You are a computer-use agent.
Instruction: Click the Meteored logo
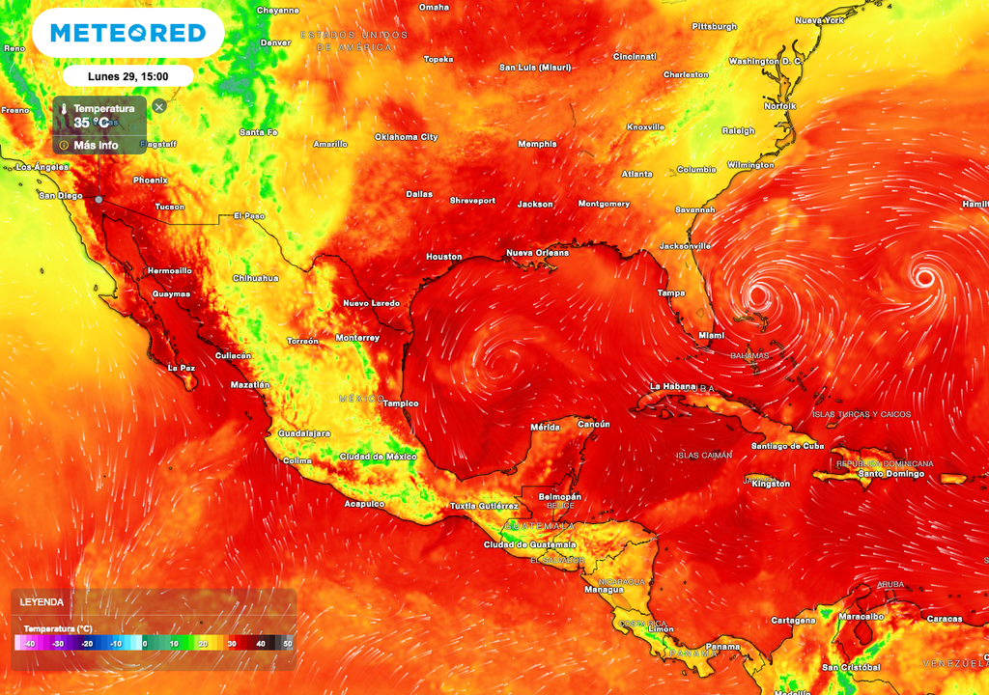tap(128, 33)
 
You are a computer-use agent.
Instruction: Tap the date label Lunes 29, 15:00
tap(127, 75)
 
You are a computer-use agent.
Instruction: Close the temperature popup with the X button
tap(159, 106)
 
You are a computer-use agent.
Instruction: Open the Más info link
tap(96, 145)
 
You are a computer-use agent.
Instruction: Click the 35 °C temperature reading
tap(92, 123)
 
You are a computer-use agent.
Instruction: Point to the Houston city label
tap(444, 257)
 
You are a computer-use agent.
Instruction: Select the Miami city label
tap(711, 335)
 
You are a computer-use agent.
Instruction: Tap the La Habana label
tap(672, 386)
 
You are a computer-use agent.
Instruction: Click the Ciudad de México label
tap(378, 456)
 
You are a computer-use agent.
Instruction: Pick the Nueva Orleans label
tap(537, 253)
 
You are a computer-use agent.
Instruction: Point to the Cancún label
tap(594, 424)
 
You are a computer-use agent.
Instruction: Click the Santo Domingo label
tap(893, 473)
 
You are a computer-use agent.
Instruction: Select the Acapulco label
tap(364, 504)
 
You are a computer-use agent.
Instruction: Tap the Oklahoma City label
tap(406, 137)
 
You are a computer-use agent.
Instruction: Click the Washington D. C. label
tap(766, 61)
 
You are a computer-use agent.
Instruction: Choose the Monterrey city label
tap(356, 338)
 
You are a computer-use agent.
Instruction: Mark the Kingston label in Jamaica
tap(770, 484)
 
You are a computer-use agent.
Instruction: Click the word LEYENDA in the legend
tap(42, 601)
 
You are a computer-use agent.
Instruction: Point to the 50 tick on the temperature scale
tap(287, 644)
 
